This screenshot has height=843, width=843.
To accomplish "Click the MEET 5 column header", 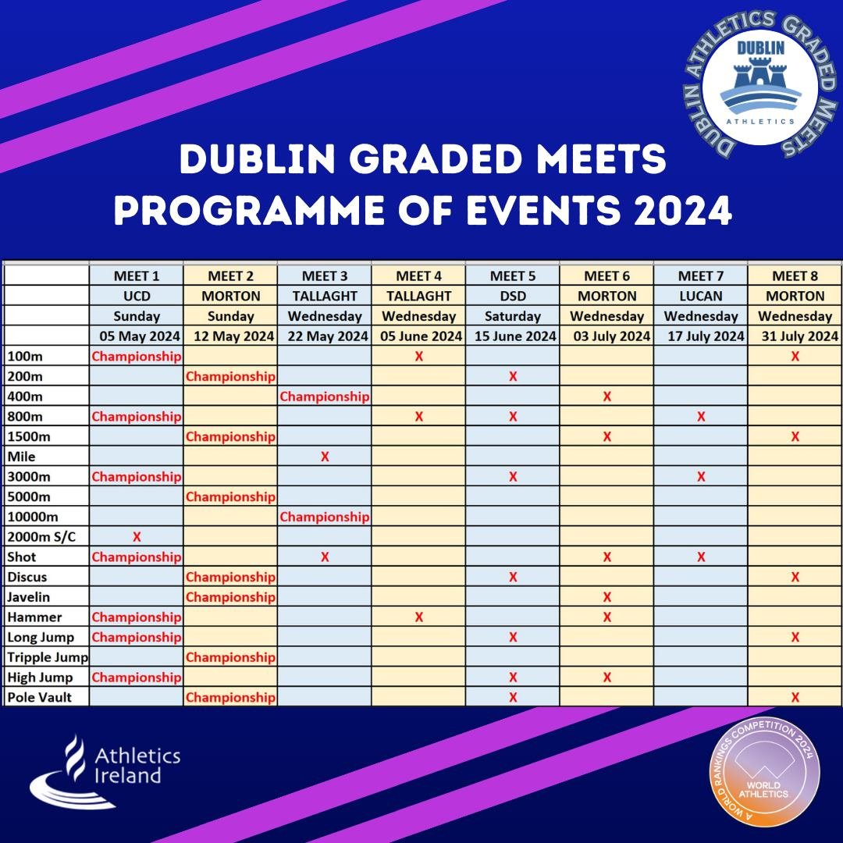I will [x=512, y=276].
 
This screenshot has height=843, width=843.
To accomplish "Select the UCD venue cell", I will [x=137, y=296].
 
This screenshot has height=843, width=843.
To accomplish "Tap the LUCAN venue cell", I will [x=700, y=296].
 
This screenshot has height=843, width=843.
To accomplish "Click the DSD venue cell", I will [x=512, y=296].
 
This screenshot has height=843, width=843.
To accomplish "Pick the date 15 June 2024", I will [x=512, y=336].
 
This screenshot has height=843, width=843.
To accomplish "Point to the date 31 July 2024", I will [x=795, y=336].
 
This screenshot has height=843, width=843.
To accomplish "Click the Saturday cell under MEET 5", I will [x=512, y=316].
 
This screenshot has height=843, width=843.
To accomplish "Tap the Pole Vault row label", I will [x=39, y=697].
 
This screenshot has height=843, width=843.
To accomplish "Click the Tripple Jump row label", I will [x=48, y=656].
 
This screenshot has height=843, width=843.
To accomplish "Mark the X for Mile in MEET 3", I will [x=325, y=457].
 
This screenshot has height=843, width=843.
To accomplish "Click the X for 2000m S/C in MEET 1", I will [x=137, y=537].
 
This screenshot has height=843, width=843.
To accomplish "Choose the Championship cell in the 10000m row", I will [x=324, y=517].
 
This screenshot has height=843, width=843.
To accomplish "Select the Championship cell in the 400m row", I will [x=324, y=397].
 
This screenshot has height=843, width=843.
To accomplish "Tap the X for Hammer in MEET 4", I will [x=419, y=617].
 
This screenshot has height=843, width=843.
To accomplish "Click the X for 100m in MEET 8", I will [x=795, y=356].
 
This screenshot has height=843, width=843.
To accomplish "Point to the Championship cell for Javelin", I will [x=230, y=597].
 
